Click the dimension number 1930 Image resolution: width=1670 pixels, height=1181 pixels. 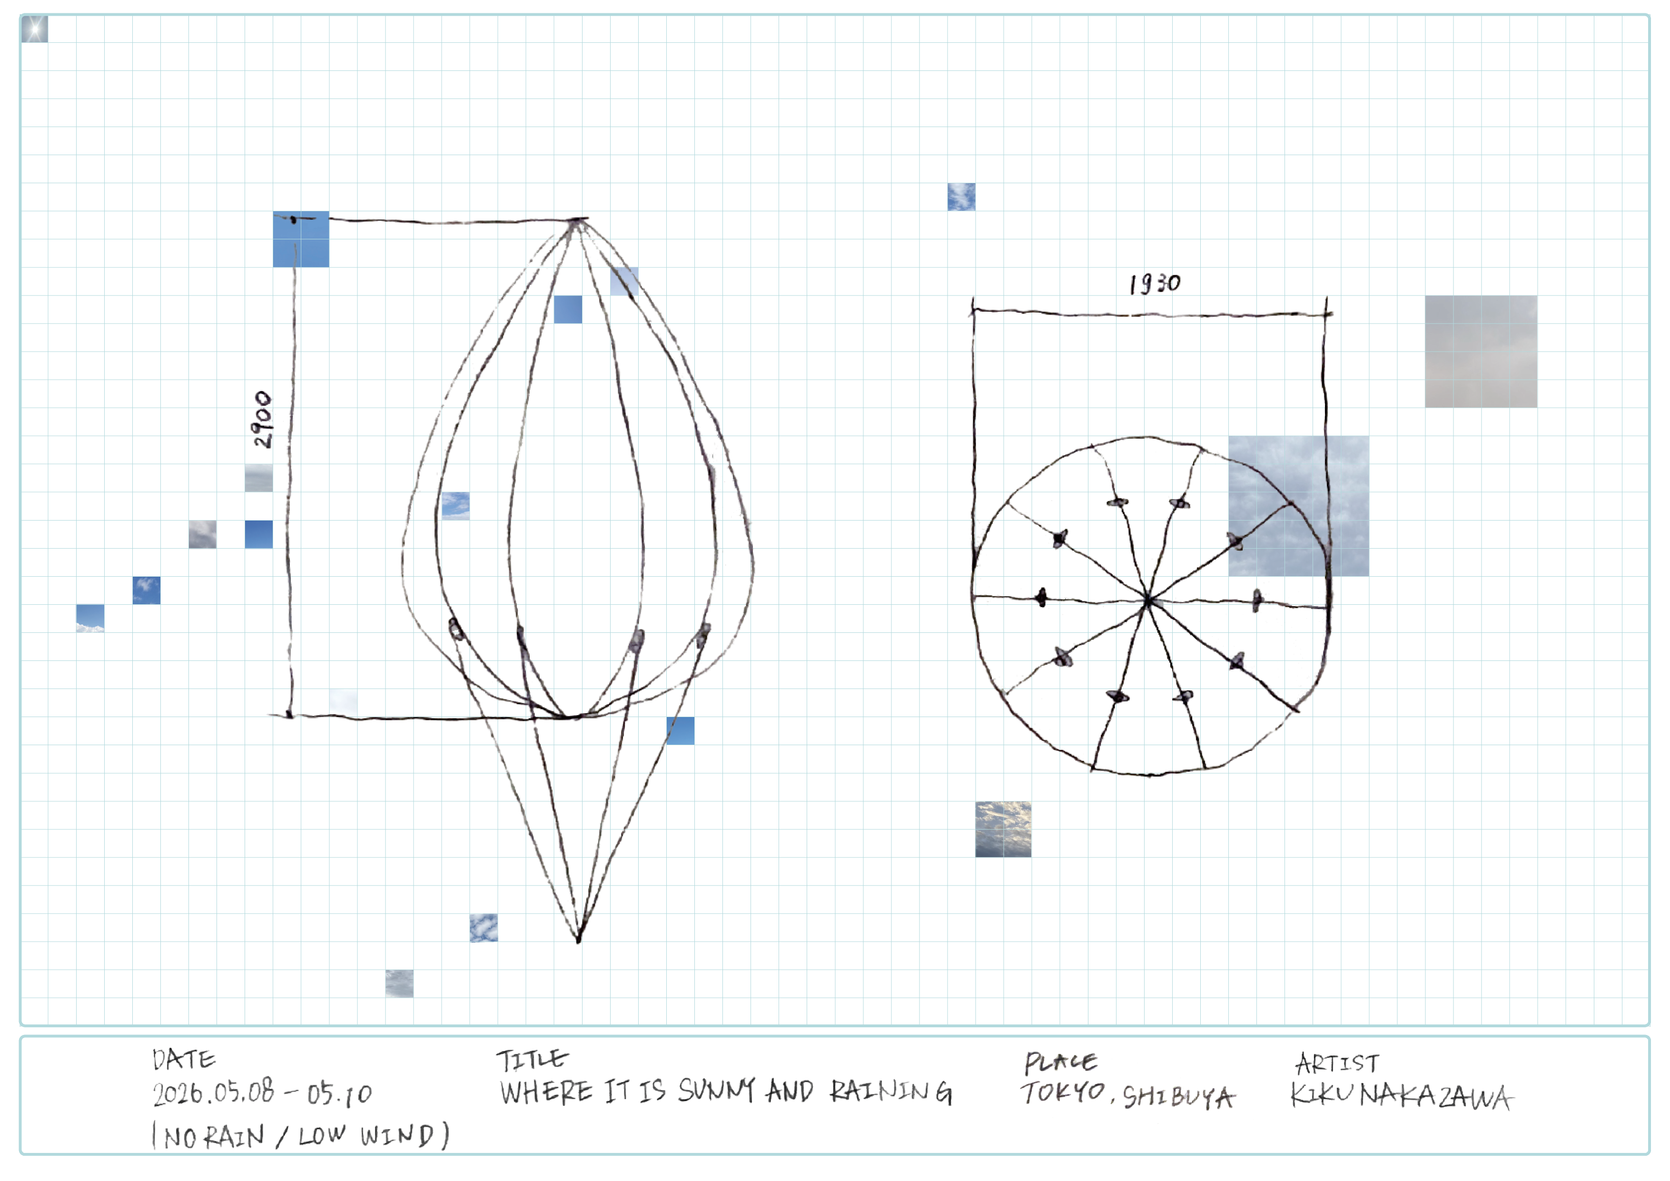tap(1155, 284)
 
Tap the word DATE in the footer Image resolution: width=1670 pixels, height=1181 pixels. tap(184, 1060)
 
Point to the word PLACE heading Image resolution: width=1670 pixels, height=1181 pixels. tap(1060, 1063)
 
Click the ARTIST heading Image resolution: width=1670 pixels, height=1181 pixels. tap(1337, 1064)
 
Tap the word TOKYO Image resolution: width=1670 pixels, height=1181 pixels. tap(1063, 1092)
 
